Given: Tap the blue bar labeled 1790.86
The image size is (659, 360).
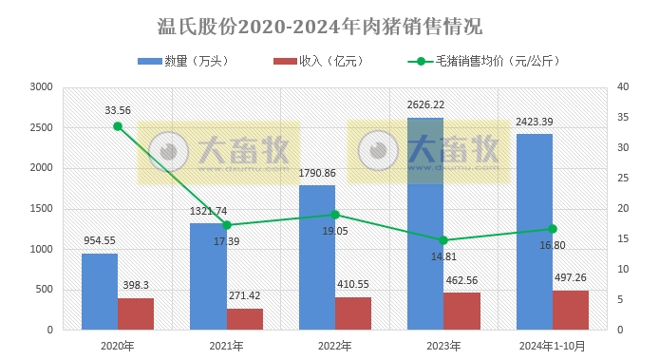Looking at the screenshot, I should pyautogui.click(x=317, y=257).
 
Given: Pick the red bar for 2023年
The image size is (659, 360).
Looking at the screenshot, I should pyautogui.click(x=461, y=311).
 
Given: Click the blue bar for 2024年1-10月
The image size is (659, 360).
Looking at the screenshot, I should pyautogui.click(x=534, y=232).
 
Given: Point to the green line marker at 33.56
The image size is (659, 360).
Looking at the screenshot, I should pyautogui.click(x=118, y=126).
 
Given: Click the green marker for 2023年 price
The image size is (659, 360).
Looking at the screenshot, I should pyautogui.click(x=444, y=240).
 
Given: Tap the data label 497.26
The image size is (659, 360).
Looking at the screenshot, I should pyautogui.click(x=570, y=277).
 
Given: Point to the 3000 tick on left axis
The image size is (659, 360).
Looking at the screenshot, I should pyautogui.click(x=41, y=86).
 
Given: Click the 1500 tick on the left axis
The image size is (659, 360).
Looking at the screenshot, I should pyautogui.click(x=41, y=209).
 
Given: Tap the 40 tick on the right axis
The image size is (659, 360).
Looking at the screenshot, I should pyautogui.click(x=622, y=86).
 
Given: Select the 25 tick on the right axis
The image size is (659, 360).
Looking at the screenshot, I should pyautogui.click(x=622, y=179).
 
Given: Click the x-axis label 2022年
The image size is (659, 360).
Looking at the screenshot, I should pyautogui.click(x=334, y=346).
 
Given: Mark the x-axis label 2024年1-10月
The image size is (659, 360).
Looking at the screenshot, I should pyautogui.click(x=552, y=346).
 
